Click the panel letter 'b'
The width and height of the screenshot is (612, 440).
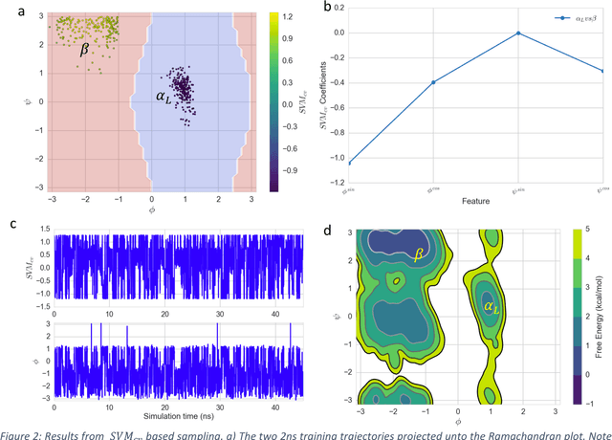coord(329,9)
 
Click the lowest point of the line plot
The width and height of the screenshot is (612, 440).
coord(349,163)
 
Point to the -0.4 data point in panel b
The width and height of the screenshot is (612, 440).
coord(433,82)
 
